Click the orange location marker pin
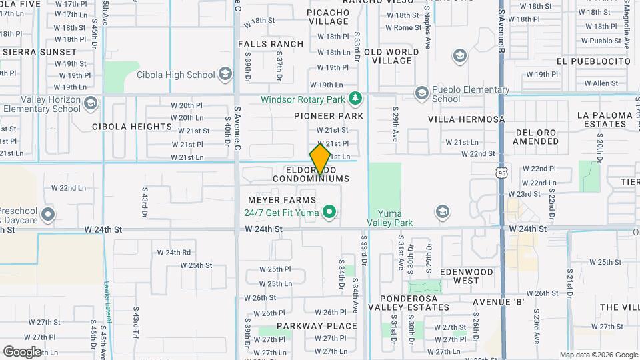point(320,159)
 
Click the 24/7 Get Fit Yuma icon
point(329,213)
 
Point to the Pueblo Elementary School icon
point(421,93)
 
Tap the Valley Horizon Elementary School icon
point(91,104)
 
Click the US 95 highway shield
point(501,173)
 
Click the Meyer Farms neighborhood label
point(282,200)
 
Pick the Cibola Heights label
point(132,127)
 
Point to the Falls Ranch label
point(271,44)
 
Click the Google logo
point(22,351)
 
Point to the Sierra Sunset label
point(39,51)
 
